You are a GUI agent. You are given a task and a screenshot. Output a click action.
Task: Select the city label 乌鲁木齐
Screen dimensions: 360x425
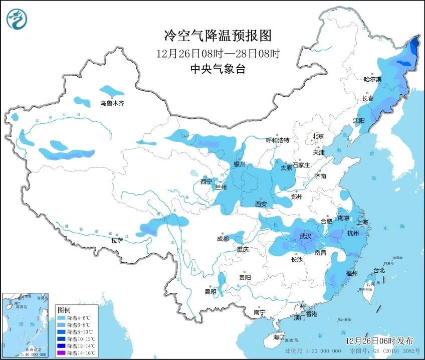click(x=111, y=103)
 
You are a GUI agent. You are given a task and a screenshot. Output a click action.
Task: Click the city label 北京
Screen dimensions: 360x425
click(x=318, y=136)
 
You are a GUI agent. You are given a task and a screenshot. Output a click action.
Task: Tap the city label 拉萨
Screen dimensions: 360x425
click(x=117, y=241)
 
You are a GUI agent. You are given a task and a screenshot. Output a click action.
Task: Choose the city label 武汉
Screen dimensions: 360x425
click(x=305, y=236)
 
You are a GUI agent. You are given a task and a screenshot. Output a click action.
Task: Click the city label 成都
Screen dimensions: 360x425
click(x=223, y=239)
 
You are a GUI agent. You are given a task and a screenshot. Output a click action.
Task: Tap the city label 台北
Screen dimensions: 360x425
click(x=379, y=270)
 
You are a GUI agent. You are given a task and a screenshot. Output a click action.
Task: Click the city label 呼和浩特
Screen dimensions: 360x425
click(x=277, y=140)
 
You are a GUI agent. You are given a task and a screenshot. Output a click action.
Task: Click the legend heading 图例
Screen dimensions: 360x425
click(x=64, y=310)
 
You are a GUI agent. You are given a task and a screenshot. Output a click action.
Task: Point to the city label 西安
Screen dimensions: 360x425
click(x=261, y=204)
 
